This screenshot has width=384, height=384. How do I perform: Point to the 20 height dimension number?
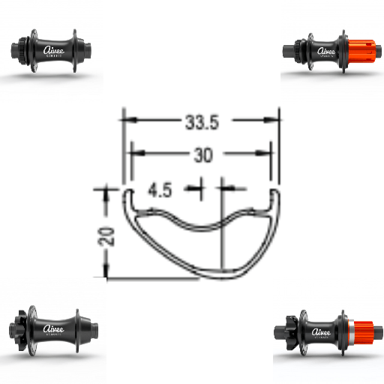click(x=106, y=236)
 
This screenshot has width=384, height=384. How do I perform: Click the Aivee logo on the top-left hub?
click(x=54, y=50)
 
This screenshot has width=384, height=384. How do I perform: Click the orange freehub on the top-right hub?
click(x=358, y=52)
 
